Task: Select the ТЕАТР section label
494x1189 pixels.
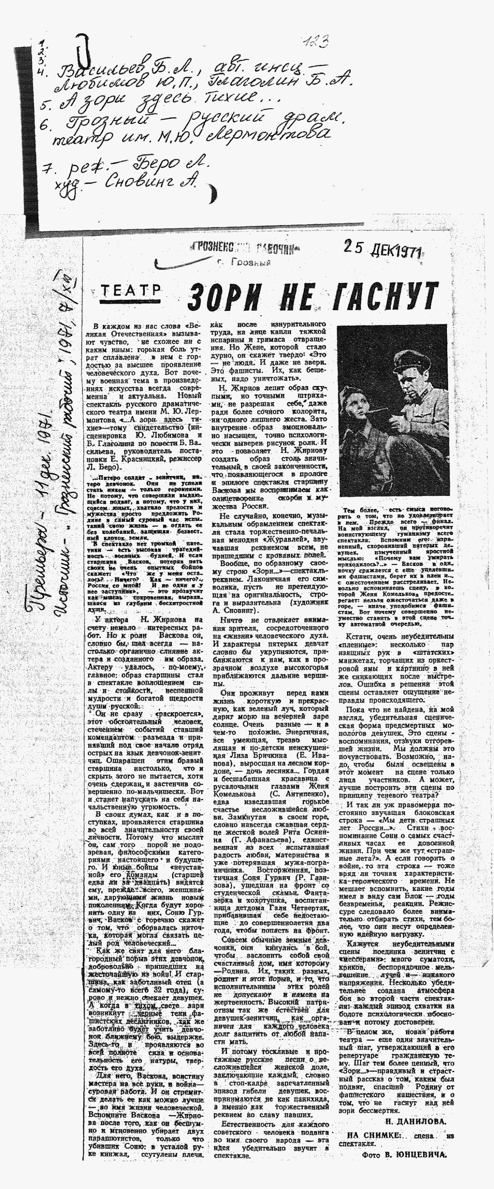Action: (x=131, y=290)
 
